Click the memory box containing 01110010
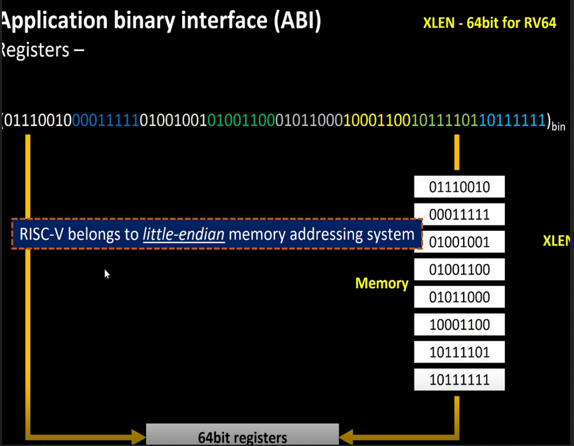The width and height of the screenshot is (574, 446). (x=459, y=187)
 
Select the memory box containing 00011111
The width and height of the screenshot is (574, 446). (x=459, y=214)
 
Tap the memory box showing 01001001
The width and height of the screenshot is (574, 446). (x=459, y=242)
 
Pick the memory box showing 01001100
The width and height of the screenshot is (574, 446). (x=459, y=269)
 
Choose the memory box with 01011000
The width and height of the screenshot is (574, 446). (x=459, y=297)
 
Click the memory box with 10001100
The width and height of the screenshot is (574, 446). (x=459, y=325)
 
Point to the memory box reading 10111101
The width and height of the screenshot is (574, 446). (x=459, y=352)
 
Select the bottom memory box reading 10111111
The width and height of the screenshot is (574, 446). (x=459, y=380)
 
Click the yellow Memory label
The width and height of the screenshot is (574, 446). (x=381, y=283)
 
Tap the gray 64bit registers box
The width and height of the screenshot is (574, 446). (x=242, y=435)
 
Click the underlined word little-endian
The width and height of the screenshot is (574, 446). (x=183, y=234)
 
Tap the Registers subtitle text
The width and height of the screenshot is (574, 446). (x=41, y=50)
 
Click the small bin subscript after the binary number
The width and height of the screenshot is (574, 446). (x=558, y=125)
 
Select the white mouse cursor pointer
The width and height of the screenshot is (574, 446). (x=106, y=273)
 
